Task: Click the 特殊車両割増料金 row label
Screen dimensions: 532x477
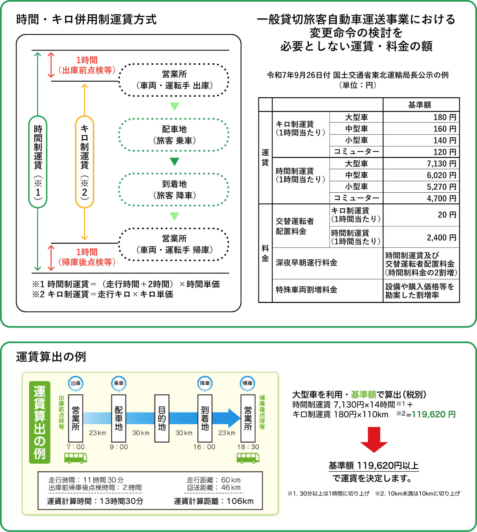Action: point(306,290)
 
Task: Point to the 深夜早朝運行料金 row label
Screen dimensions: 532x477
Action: point(306,263)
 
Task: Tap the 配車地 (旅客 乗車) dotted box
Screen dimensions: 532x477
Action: point(174,135)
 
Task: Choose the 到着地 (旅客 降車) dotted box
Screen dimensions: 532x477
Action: point(174,190)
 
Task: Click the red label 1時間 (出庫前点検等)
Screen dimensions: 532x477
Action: point(87,65)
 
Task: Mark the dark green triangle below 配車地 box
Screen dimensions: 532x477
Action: point(175,161)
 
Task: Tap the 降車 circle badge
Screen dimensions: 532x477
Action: point(205,383)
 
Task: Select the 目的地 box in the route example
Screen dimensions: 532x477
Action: point(162,418)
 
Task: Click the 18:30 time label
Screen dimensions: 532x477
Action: point(248,447)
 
